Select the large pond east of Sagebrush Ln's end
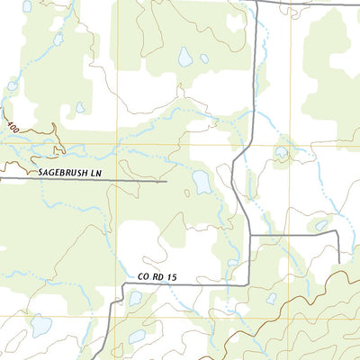[202, 183]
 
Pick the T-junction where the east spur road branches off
[249, 235]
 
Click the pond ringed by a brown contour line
[282, 152]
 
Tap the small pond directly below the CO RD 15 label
[135, 298]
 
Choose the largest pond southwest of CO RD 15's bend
[40, 325]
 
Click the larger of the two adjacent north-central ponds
[184, 57]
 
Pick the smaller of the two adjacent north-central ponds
[204, 58]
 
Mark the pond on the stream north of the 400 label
[13, 85]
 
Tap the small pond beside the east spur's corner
[321, 225]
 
